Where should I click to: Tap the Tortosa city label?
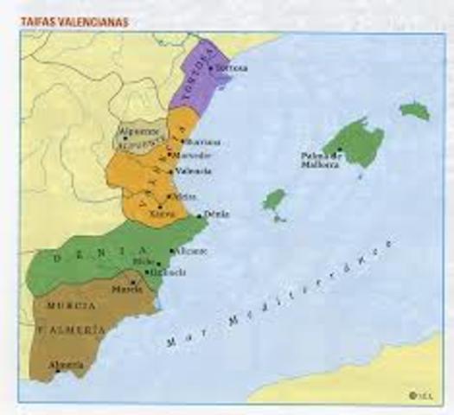[233, 67]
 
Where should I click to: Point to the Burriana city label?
[204, 142]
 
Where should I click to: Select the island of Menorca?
[415, 111]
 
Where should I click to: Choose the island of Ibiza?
[275, 201]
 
